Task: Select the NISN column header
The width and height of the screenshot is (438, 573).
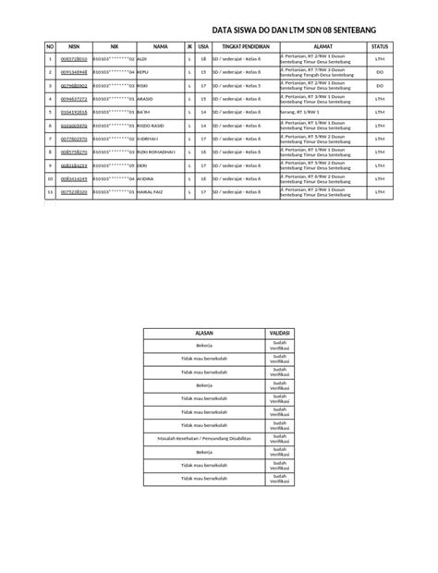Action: [x=74, y=44]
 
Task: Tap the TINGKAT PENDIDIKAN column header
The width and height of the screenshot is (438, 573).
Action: [x=245, y=44]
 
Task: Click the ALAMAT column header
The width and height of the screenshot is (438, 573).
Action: [x=322, y=44]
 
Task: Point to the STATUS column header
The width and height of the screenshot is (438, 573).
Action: [x=380, y=44]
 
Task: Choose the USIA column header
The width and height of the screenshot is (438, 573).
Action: [x=203, y=44]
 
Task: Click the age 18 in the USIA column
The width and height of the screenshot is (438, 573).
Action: [x=203, y=58]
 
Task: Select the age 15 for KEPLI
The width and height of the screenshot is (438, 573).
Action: [x=203, y=71]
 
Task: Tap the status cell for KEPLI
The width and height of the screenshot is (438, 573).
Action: [x=380, y=71]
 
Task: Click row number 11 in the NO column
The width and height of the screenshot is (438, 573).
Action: [x=50, y=192]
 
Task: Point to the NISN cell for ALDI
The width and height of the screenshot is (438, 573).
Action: [x=74, y=58]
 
